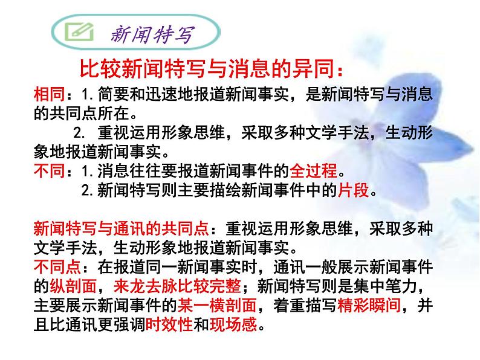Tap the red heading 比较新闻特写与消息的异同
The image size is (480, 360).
tap(212, 70)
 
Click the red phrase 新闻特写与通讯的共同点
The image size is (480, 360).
tap(121, 230)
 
